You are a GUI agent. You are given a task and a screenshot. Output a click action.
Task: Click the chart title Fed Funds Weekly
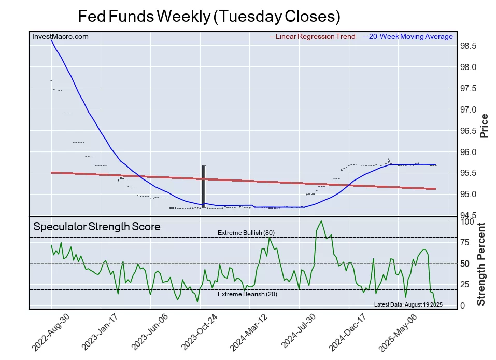(x=209, y=16)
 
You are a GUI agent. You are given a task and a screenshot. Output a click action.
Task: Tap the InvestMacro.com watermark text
(x=60, y=37)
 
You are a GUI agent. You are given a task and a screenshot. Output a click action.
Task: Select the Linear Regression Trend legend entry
(x=313, y=37)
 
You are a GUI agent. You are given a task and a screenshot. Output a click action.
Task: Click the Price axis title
(x=484, y=126)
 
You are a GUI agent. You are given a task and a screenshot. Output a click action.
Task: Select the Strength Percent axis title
(x=481, y=264)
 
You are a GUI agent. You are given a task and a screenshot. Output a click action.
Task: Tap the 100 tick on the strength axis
(x=467, y=221)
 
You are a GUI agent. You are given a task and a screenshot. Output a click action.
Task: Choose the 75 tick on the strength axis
(x=465, y=242)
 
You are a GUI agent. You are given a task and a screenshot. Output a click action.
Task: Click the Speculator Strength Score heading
(x=97, y=227)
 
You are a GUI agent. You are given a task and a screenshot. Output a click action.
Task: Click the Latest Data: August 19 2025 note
(x=408, y=304)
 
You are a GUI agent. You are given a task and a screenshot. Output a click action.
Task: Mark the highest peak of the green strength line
(x=322, y=221)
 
